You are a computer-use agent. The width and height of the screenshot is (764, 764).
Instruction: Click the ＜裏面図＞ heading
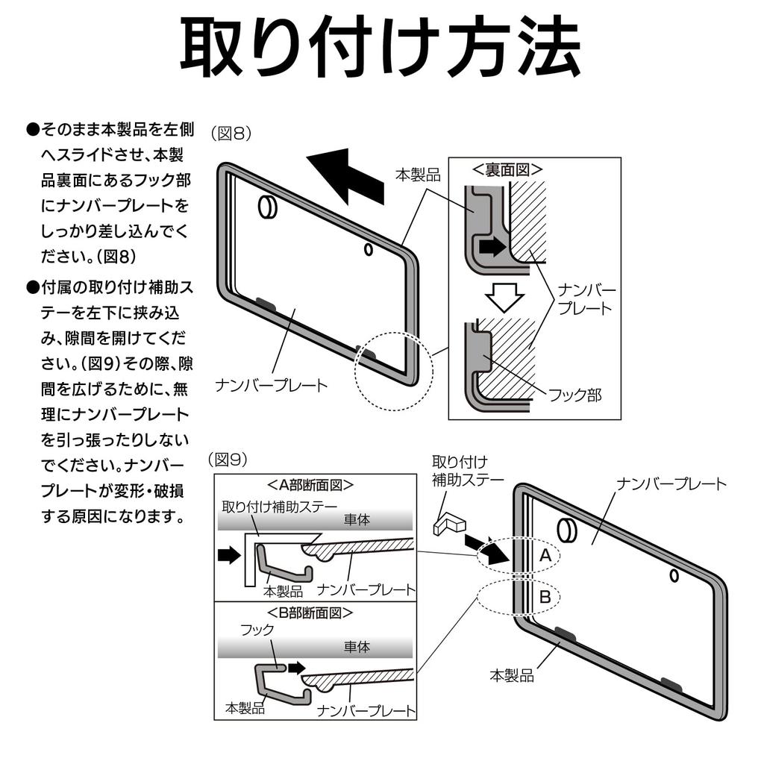tap(507, 169)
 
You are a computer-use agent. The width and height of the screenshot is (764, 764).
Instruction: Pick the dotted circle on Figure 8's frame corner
tap(392, 370)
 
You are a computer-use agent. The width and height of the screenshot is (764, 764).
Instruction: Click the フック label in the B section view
tap(257, 630)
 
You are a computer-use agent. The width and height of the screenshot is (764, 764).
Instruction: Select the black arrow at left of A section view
tap(230, 554)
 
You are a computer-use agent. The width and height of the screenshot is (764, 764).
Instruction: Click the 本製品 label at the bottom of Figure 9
tap(511, 675)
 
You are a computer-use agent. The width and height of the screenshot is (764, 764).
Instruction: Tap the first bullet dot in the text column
tap(32, 130)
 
